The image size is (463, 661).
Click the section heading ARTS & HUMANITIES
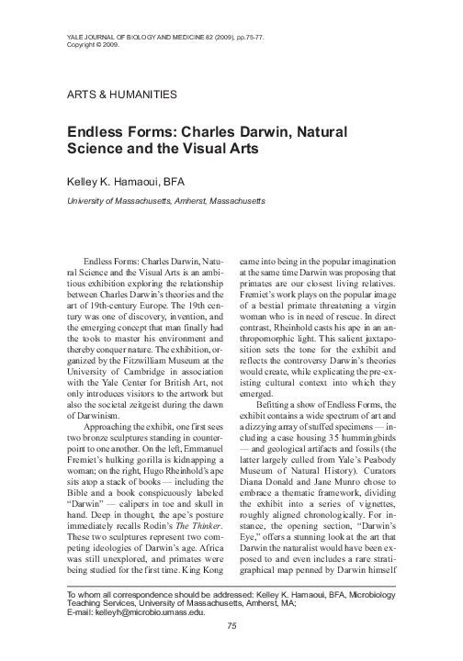tap(123, 95)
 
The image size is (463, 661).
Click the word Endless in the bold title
tap(97, 131)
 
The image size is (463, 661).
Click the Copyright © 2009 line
tap(94, 43)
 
